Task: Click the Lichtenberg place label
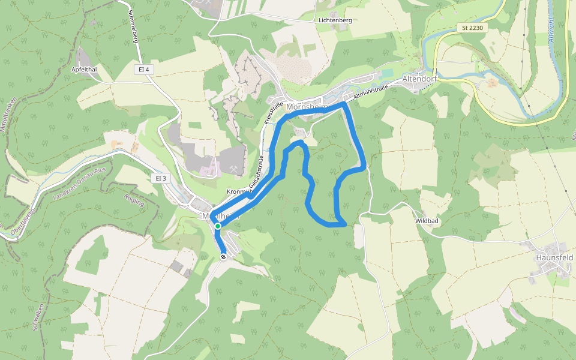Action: point(335,20)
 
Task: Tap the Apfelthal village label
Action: point(85,69)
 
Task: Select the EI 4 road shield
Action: point(143,70)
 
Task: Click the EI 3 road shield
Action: point(160,178)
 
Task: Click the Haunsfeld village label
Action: point(554,257)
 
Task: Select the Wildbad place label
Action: point(427,221)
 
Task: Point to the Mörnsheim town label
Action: point(308,107)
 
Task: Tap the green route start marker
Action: point(218,226)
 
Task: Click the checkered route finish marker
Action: point(223,257)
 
